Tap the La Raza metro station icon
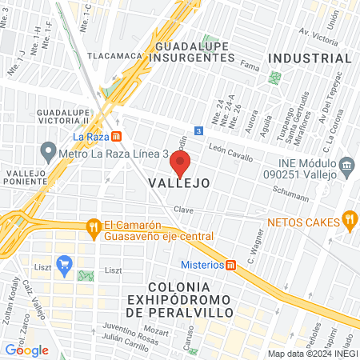[x=117, y=136]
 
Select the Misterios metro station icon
[x=230, y=265]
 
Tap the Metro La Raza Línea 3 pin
[x=48, y=150]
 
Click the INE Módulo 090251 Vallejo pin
[x=347, y=168]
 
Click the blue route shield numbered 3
[x=198, y=130]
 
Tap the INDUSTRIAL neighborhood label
[x=310, y=58]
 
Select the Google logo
[x=27, y=350]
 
